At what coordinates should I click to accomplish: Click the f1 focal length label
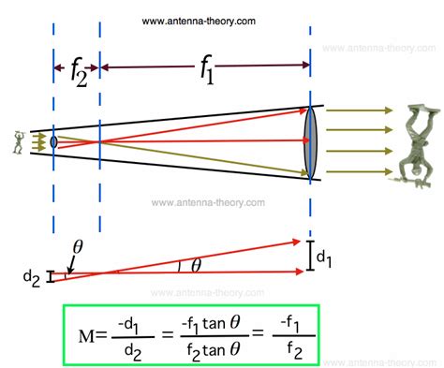pyautogui.click(x=204, y=70)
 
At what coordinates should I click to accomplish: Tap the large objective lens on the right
pyautogui.click(x=310, y=140)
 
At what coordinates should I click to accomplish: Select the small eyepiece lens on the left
pyautogui.click(x=54, y=141)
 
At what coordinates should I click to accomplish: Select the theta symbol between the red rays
pyautogui.click(x=196, y=265)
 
